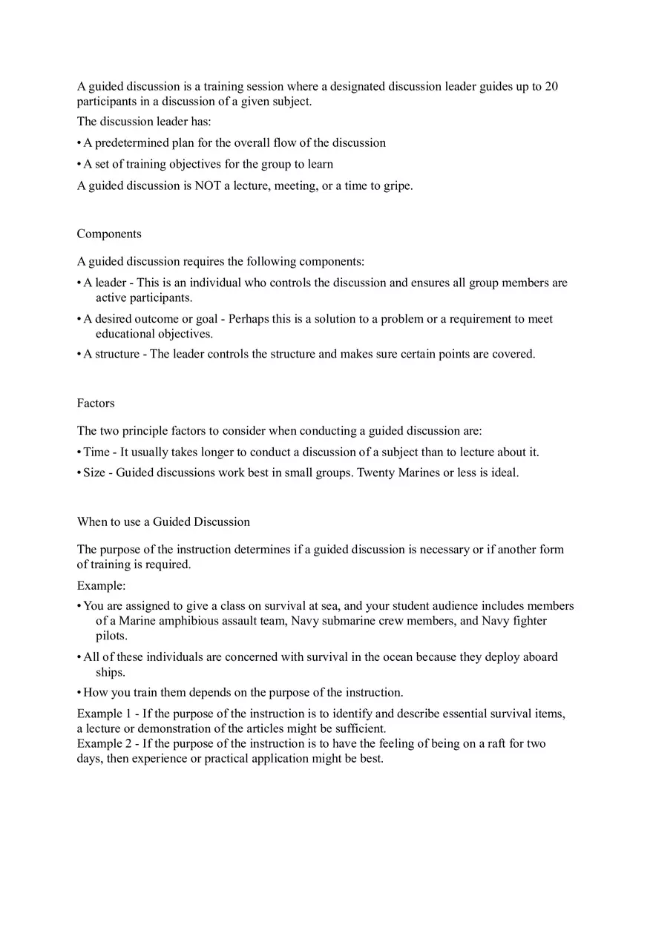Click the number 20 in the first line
551,87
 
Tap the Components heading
109,234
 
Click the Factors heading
96,403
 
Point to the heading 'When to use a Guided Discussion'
163,521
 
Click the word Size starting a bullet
94,473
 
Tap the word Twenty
375,473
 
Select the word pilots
111,636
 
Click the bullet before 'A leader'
79,283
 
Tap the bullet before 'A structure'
79,354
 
